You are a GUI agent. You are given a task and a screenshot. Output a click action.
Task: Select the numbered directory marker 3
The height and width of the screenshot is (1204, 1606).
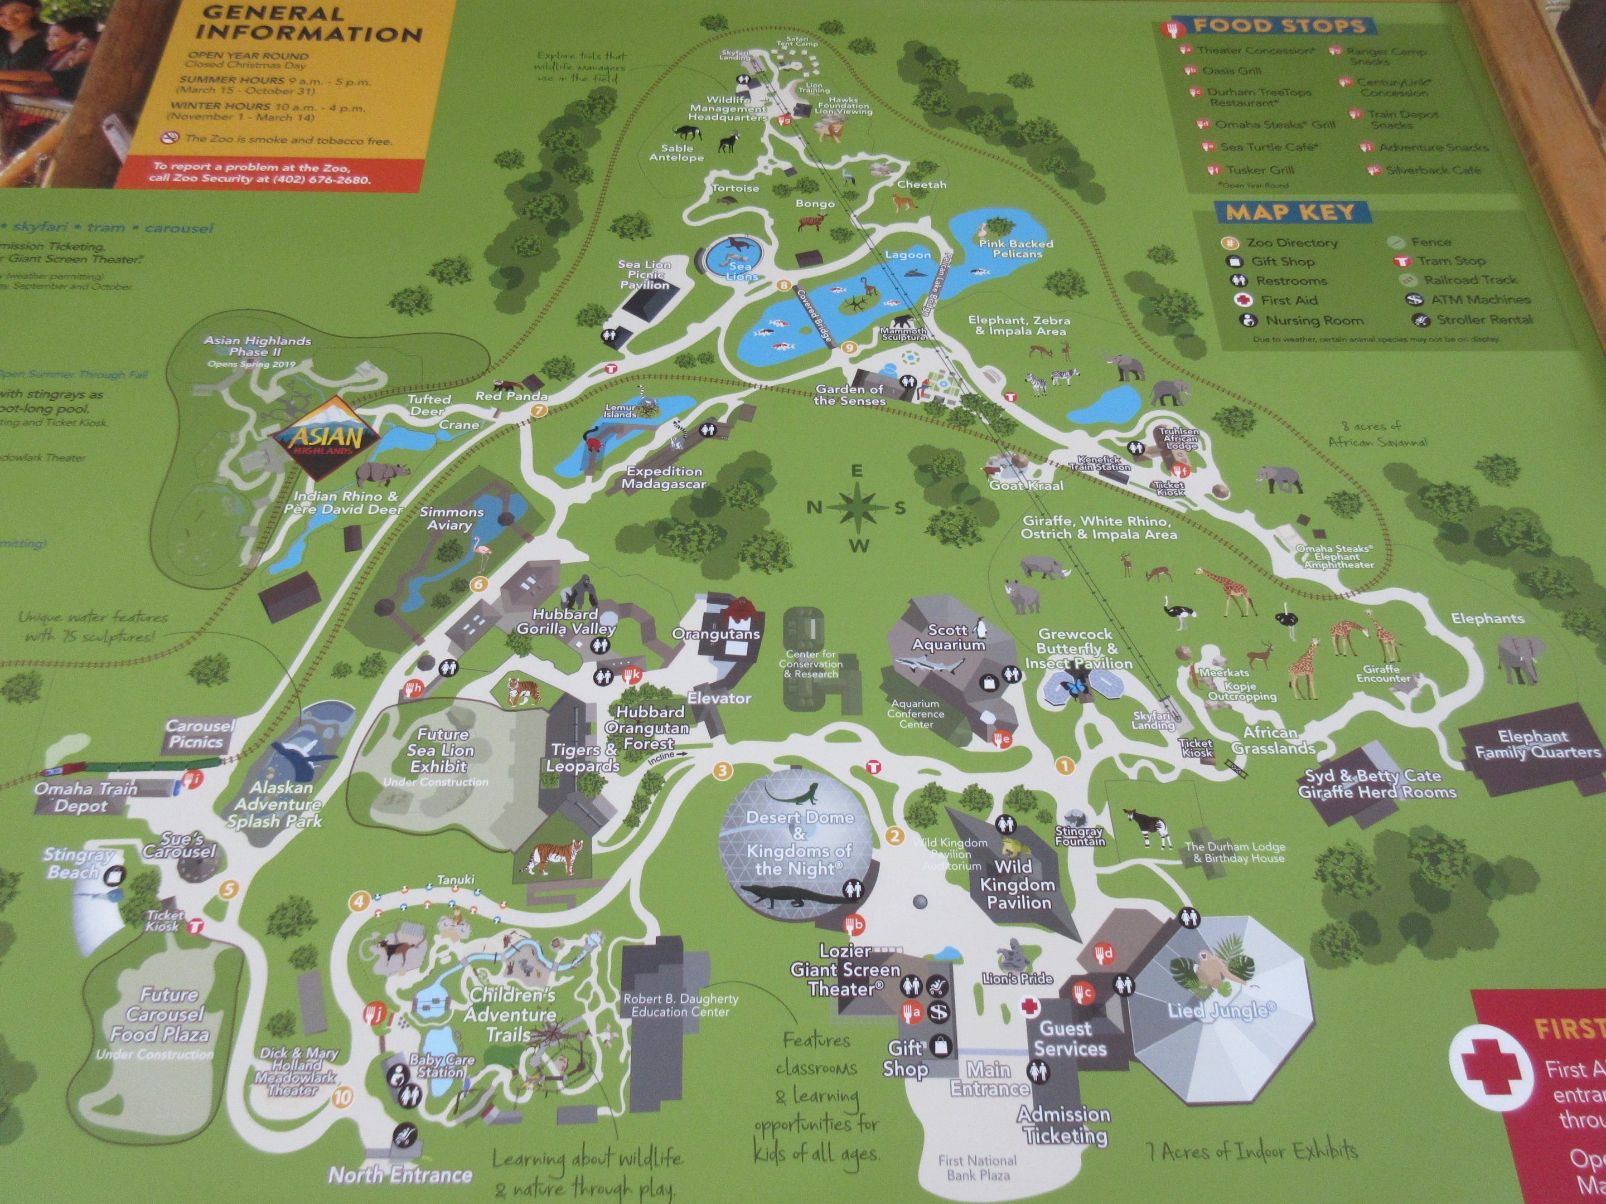(722, 771)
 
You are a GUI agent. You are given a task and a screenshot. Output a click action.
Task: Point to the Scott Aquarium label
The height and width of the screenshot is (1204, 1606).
(948, 637)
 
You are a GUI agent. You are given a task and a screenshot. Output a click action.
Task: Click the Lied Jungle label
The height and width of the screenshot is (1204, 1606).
(1221, 1010)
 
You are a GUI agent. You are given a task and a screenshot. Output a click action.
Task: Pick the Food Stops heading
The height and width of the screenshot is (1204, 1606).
(1278, 26)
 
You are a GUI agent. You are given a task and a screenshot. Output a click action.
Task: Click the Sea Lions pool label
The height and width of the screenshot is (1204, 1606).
(741, 271)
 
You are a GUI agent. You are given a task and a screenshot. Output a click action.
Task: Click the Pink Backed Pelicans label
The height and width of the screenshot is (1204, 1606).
(1015, 249)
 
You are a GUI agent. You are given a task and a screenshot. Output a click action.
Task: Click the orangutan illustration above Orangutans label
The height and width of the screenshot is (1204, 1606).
(741, 610)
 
